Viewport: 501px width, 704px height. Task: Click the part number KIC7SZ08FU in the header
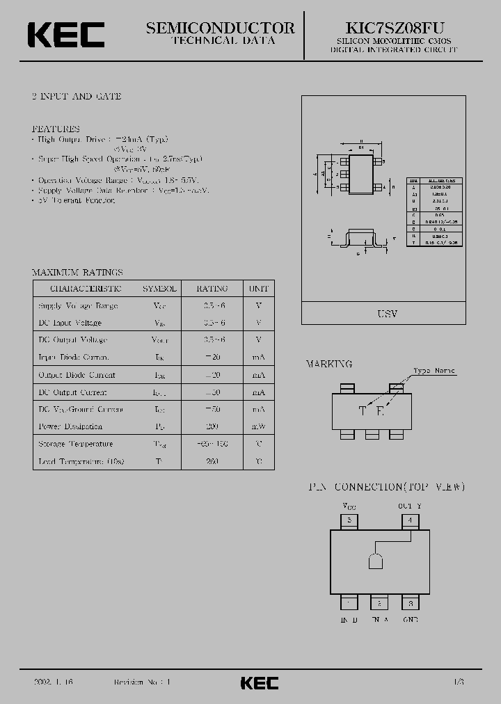(x=395, y=28)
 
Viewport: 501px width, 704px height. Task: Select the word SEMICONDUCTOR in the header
(x=221, y=28)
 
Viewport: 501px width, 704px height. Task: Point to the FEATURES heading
(x=56, y=129)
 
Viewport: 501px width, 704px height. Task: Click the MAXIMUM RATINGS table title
(x=77, y=273)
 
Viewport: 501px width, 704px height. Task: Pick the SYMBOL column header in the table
(x=159, y=289)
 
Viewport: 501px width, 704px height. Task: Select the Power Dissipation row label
(x=70, y=426)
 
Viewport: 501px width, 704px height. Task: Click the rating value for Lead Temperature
(x=212, y=461)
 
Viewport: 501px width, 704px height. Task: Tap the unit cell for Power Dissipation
(x=258, y=426)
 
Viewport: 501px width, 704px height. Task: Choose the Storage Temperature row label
(x=75, y=444)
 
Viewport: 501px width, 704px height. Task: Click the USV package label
(x=387, y=314)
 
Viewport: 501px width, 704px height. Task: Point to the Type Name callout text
(x=434, y=371)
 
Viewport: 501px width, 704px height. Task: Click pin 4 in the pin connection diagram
(x=411, y=520)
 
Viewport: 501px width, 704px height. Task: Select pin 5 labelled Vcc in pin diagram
(x=350, y=520)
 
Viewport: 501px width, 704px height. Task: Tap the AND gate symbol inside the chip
(x=374, y=561)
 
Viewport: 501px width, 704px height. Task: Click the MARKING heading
(x=329, y=364)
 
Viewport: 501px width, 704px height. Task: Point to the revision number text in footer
(x=142, y=682)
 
